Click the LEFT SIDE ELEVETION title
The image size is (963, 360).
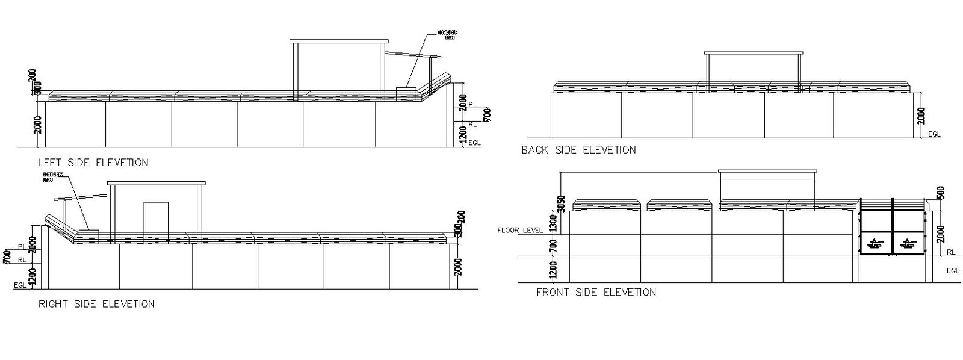pos(93,163)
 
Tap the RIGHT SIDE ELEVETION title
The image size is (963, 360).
pos(96,304)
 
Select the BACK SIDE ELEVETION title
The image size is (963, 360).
pos(578,150)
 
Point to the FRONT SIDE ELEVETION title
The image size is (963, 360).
pos(596,293)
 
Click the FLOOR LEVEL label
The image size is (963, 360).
pos(520,230)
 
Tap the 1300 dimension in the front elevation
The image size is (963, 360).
pos(554,223)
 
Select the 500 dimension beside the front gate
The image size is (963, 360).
pos(941,193)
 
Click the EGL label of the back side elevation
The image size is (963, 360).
pos(934,134)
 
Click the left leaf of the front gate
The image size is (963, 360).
pos(876,232)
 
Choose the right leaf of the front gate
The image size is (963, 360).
pos(908,232)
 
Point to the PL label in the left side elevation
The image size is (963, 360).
pos(472,105)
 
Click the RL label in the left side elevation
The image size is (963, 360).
pos(472,124)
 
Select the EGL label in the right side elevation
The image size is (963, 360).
pos(20,285)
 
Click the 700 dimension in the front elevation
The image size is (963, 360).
pos(554,245)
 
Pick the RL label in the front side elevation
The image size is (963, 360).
pos(952,252)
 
